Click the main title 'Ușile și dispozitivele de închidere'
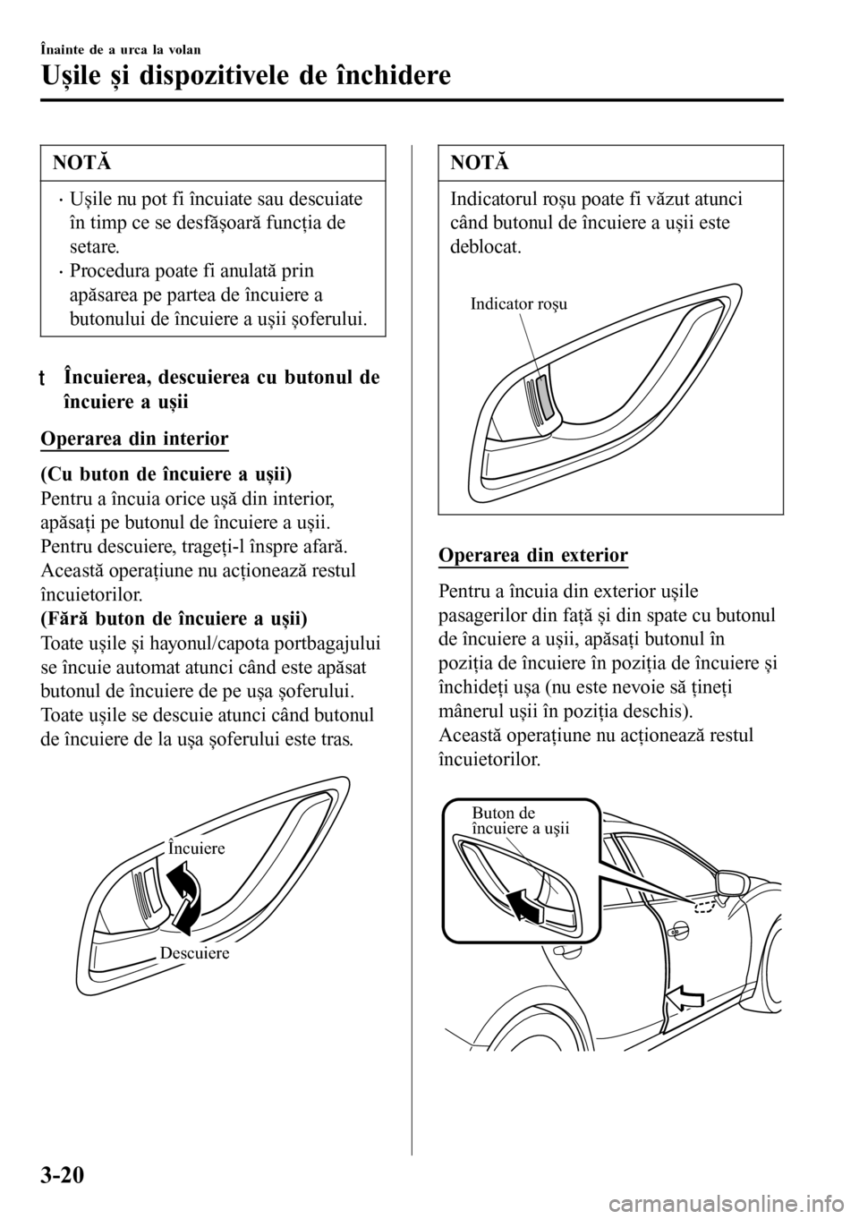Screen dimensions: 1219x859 click(x=246, y=75)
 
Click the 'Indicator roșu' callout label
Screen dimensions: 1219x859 click(x=518, y=304)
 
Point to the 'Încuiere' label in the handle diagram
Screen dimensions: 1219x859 click(x=196, y=848)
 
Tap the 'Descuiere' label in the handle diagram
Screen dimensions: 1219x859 click(x=195, y=953)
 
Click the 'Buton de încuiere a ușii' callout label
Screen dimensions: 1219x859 click(x=520, y=820)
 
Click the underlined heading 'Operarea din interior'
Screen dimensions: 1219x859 click(x=135, y=439)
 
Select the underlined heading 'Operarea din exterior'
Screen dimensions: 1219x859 click(x=533, y=555)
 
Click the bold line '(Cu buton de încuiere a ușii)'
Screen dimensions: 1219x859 click(x=167, y=472)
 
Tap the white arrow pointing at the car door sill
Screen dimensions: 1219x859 click(x=690, y=995)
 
